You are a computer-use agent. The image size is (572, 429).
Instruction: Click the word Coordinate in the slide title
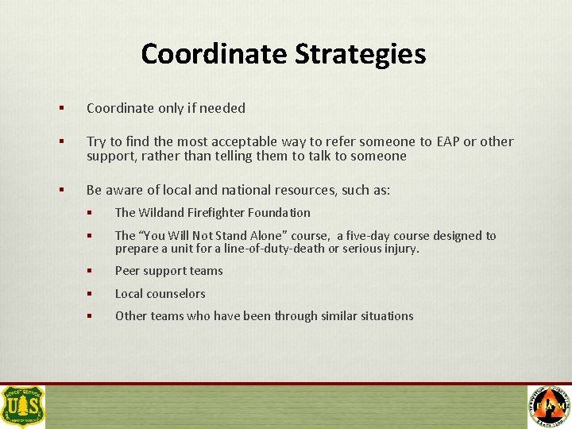pos(214,54)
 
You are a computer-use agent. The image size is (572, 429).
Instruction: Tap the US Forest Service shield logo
pos(23,406)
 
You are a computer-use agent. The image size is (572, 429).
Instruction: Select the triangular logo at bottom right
pos(549,406)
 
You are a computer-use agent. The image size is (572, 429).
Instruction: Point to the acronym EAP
pos(446,142)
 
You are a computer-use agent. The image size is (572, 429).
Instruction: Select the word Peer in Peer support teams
pos(128,271)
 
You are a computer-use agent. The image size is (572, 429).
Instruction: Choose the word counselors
pos(176,294)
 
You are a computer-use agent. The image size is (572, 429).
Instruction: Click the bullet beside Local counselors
pos(91,294)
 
